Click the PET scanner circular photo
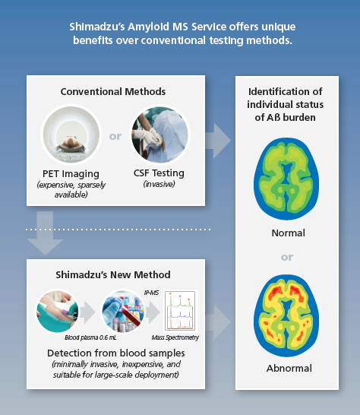(x=71, y=135)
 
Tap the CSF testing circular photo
(x=159, y=135)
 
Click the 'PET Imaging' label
(x=71, y=174)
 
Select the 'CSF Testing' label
(x=159, y=173)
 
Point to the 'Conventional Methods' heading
(x=113, y=91)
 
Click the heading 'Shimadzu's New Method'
(x=113, y=274)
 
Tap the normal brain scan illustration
(x=286, y=179)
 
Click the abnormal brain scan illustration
(x=286, y=315)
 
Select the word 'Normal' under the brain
(x=289, y=233)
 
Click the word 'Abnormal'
(x=289, y=368)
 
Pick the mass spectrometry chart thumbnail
(x=181, y=311)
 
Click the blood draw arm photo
(x=58, y=311)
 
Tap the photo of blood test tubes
(x=123, y=311)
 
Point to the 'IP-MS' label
(x=151, y=293)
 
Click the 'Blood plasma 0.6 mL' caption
(x=90, y=337)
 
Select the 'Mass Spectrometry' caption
(x=175, y=337)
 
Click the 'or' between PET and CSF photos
(x=115, y=136)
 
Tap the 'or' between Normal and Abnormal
(x=287, y=257)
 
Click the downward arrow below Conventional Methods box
(x=45, y=233)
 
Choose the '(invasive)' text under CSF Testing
(x=159, y=184)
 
